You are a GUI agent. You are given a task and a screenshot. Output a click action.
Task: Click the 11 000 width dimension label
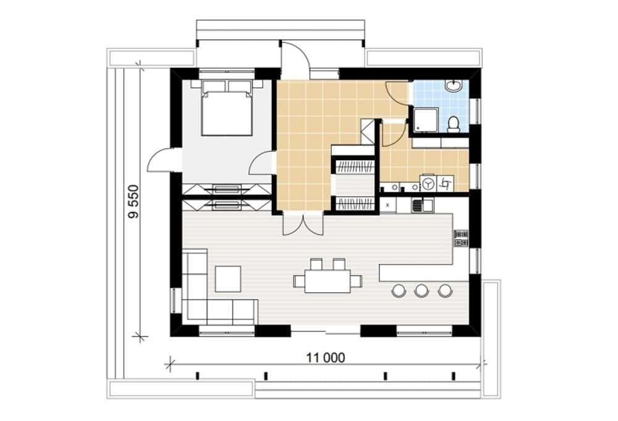(x=326, y=357)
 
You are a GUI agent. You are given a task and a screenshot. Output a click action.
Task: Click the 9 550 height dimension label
(x=133, y=202)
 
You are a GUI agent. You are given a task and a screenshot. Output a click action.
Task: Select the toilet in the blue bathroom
(x=454, y=124)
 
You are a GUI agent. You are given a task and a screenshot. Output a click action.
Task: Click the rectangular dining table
(x=328, y=281)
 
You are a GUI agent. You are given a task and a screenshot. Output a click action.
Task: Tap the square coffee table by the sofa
(x=228, y=279)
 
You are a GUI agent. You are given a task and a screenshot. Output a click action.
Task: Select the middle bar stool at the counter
(x=421, y=291)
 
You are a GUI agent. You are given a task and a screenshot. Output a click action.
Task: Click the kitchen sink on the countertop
(x=423, y=205)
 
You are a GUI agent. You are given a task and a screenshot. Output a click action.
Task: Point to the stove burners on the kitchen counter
(x=461, y=238)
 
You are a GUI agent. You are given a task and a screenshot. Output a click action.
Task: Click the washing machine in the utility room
(x=428, y=184)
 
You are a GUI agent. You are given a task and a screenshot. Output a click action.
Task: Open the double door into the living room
(x=303, y=224)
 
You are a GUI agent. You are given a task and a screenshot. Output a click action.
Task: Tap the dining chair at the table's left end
(x=298, y=281)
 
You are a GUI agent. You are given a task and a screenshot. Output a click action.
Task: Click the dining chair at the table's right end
(x=357, y=281)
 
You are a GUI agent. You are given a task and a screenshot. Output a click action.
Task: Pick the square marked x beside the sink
(x=388, y=205)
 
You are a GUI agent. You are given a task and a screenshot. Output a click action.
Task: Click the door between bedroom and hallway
(x=261, y=163)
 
